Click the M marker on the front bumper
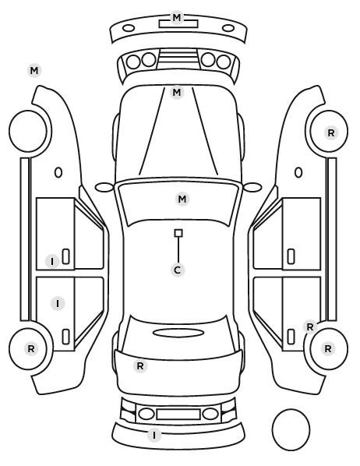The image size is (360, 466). [x=177, y=18]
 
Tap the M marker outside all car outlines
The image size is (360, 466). [x=34, y=71]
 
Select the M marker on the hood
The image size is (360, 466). [x=177, y=93]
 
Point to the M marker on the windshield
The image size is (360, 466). [x=182, y=199]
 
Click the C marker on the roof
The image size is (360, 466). [x=178, y=270]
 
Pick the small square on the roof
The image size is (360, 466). [x=178, y=233]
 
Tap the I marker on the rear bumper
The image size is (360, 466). [x=154, y=436]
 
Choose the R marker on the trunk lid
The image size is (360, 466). [x=140, y=366]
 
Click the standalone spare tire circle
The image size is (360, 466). [x=291, y=429]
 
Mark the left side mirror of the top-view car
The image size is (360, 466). [x=104, y=187]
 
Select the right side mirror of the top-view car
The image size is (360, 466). [x=252, y=187]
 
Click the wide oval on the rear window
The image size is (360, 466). [x=178, y=333]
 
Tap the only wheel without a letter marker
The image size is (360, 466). [x=28, y=131]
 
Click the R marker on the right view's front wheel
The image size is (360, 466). [x=331, y=133]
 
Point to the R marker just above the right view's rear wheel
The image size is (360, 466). [x=310, y=327]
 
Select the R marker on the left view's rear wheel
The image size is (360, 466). [x=31, y=349]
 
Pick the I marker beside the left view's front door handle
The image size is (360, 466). [x=52, y=262]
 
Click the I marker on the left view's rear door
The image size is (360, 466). [x=58, y=304]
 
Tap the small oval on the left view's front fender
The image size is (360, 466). [x=58, y=172]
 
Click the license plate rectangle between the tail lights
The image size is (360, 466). [x=178, y=414]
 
